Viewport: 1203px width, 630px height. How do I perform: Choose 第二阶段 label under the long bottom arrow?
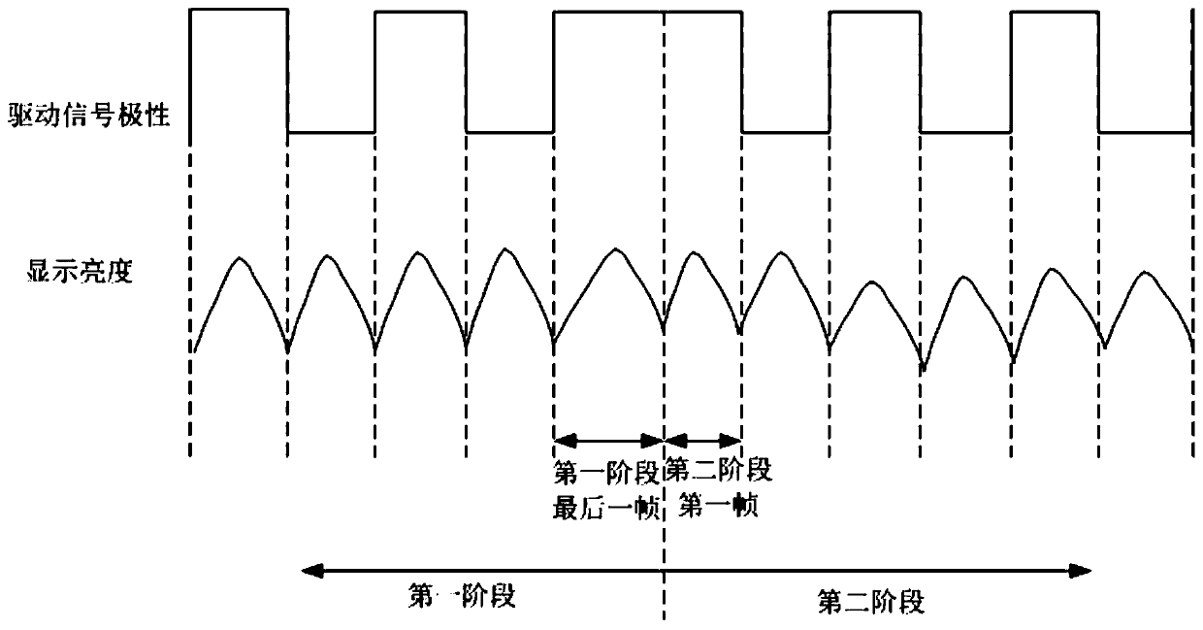pyautogui.click(x=870, y=602)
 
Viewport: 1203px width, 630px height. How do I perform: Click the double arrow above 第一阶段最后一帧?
pyautogui.click(x=608, y=439)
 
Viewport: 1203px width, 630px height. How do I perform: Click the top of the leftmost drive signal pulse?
pyautogui.click(x=240, y=9)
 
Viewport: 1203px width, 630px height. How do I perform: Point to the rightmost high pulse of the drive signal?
pyautogui.click(x=1055, y=11)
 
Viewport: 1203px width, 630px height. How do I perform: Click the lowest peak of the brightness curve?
pyautogui.click(x=872, y=282)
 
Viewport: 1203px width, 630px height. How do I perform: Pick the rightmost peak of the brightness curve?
pyautogui.click(x=1148, y=272)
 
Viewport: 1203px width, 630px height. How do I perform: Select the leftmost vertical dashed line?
pyautogui.click(x=192, y=408)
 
